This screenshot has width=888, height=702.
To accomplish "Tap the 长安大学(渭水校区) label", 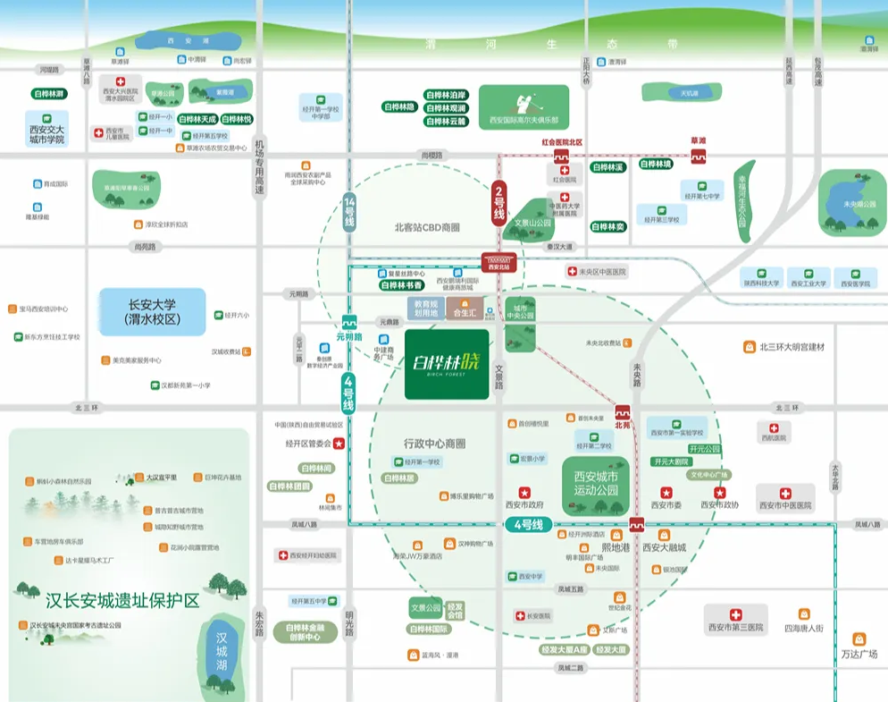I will [x=153, y=312].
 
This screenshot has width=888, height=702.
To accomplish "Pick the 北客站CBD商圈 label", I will [x=427, y=228].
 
